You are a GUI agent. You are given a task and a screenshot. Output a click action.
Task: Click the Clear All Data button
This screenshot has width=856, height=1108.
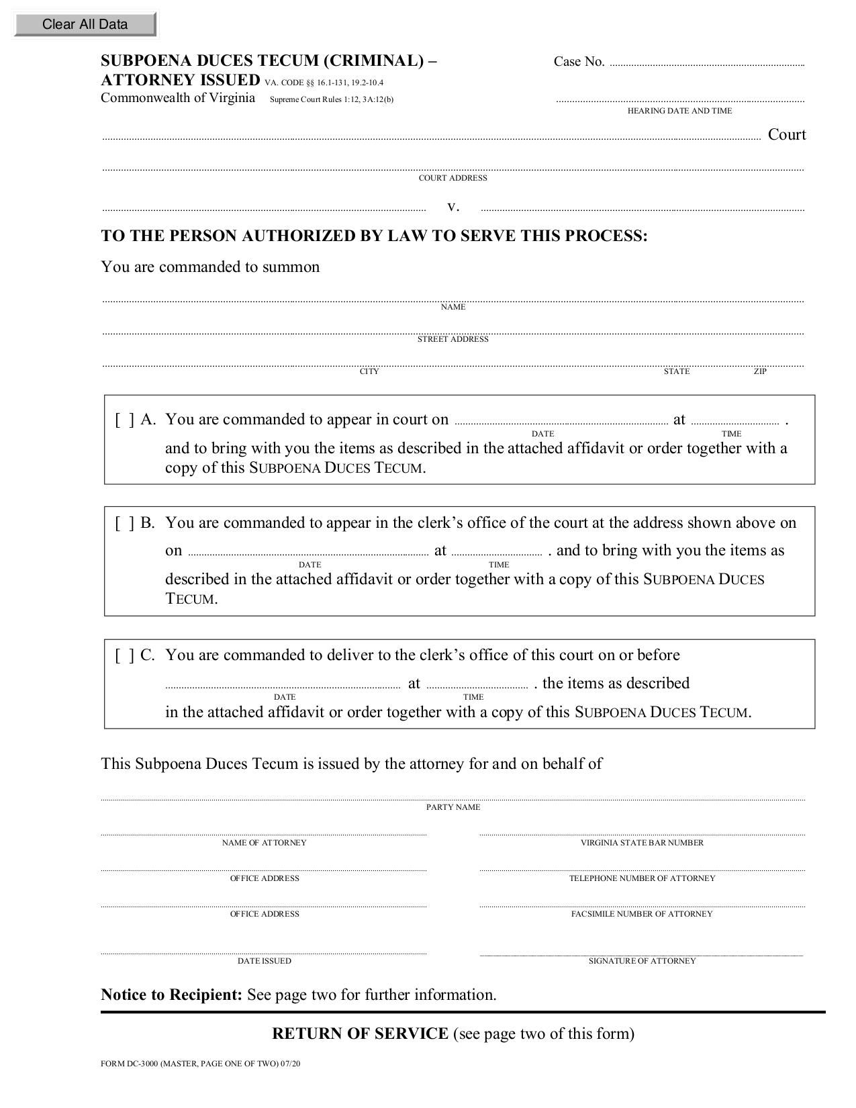click(85, 24)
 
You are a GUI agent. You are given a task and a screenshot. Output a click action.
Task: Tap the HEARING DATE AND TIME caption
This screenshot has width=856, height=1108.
click(679, 111)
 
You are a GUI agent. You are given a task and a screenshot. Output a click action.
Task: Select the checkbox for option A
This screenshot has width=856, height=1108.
click(124, 420)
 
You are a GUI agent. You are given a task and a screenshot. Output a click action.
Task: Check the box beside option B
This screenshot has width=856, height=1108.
click(124, 523)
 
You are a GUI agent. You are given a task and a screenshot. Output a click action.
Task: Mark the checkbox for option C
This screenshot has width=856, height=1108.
click(124, 655)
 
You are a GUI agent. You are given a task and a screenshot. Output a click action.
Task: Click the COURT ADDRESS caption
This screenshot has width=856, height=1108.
click(453, 178)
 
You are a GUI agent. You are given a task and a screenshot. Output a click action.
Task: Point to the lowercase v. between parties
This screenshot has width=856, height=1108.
click(453, 206)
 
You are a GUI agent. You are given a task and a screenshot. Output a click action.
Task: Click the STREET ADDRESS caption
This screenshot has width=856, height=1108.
click(453, 339)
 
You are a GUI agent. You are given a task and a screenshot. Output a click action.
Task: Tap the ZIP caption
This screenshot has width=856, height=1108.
click(759, 371)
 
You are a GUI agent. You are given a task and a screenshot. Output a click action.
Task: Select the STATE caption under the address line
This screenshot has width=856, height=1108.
click(676, 371)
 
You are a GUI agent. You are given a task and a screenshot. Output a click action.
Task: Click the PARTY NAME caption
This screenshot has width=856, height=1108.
click(453, 807)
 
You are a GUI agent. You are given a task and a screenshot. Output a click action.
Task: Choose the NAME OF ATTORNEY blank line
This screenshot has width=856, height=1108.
click(264, 833)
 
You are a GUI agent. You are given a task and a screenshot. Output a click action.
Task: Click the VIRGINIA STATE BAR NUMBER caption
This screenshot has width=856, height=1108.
click(642, 843)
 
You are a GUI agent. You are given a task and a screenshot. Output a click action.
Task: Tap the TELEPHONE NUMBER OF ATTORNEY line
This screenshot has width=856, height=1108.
click(642, 868)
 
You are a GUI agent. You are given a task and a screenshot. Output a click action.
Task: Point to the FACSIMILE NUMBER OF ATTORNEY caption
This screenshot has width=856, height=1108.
click(642, 914)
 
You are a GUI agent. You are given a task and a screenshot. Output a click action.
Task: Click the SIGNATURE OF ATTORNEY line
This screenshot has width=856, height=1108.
click(642, 952)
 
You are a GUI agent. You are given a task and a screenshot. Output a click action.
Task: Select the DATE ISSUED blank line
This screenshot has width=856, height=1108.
click(264, 951)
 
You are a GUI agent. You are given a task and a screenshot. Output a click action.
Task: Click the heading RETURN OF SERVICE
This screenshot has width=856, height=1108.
click(360, 1033)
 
